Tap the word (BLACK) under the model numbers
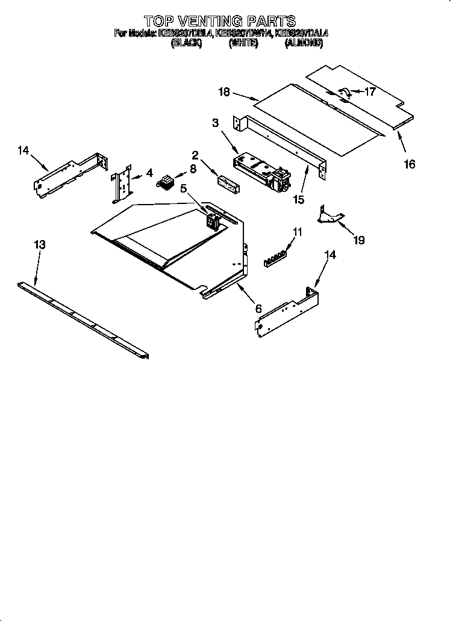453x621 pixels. pyautogui.click(x=186, y=44)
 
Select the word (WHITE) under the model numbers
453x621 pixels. pyautogui.click(x=243, y=44)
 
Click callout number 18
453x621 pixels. pyautogui.click(x=223, y=91)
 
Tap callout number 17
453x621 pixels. pyautogui.click(x=369, y=92)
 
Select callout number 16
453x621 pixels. pyautogui.click(x=409, y=164)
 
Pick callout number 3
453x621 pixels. pyautogui.click(x=215, y=123)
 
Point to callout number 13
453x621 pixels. pyautogui.click(x=40, y=244)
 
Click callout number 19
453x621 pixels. pyautogui.click(x=358, y=240)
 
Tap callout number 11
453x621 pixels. pyautogui.click(x=297, y=230)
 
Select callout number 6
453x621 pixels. pyautogui.click(x=258, y=308)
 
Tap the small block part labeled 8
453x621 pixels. pyautogui.click(x=164, y=180)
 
